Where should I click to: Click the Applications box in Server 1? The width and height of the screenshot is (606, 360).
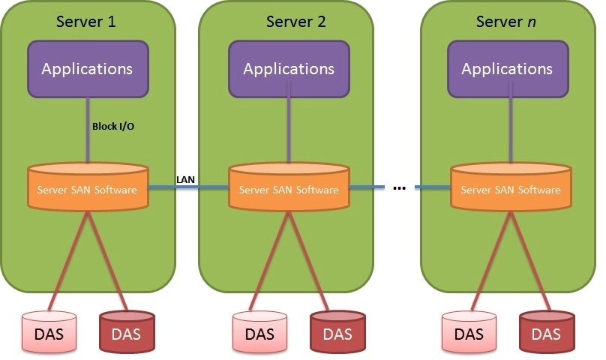pyautogui.click(x=87, y=69)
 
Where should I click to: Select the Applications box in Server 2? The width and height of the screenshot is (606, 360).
pyautogui.click(x=289, y=69)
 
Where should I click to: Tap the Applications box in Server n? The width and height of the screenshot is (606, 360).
pyautogui.click(x=507, y=69)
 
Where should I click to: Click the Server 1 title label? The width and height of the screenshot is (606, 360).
pyautogui.click(x=86, y=20)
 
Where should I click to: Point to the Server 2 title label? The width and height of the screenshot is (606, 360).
pyautogui.click(x=295, y=20)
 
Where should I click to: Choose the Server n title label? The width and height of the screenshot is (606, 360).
pyautogui.click(x=507, y=20)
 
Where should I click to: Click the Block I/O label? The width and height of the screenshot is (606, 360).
pyautogui.click(x=113, y=127)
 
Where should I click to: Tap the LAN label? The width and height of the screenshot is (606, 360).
pyautogui.click(x=185, y=179)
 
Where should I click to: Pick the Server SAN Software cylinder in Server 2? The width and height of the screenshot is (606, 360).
pyautogui.click(x=289, y=189)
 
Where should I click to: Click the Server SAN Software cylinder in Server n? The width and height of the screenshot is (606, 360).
pyautogui.click(x=511, y=189)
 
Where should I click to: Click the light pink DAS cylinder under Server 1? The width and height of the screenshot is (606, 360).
pyautogui.click(x=49, y=331)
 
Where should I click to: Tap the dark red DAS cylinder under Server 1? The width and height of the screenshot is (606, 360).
pyautogui.click(x=127, y=331)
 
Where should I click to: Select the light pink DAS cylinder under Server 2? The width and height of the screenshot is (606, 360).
pyautogui.click(x=259, y=331)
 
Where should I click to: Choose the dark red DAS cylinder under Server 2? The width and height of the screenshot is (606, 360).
pyautogui.click(x=337, y=331)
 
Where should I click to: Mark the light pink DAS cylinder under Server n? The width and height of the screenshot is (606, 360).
pyautogui.click(x=469, y=331)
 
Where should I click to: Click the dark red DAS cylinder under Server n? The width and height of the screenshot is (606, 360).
pyautogui.click(x=546, y=331)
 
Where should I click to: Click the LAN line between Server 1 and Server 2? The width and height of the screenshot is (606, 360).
pyautogui.click(x=187, y=187)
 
